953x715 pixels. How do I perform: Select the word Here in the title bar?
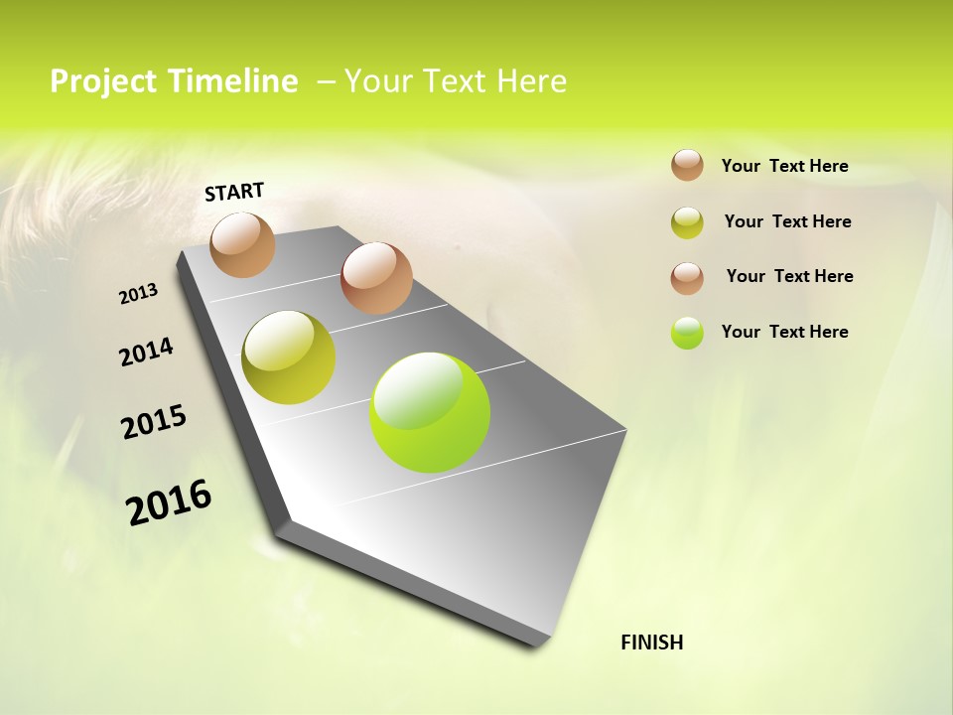(530, 81)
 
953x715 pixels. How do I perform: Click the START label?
(234, 192)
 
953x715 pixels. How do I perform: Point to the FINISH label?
(652, 643)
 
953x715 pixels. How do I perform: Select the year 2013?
(139, 294)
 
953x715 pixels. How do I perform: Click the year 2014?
(146, 353)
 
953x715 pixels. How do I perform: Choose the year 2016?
(169, 502)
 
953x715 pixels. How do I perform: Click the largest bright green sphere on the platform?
(430, 412)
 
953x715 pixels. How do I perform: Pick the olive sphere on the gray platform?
(289, 357)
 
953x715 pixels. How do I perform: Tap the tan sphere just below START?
(243, 244)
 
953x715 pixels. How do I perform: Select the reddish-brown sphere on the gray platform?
(376, 278)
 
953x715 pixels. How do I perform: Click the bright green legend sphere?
(687, 333)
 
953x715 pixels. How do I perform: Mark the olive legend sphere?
(687, 222)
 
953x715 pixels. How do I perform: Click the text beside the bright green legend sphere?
(784, 332)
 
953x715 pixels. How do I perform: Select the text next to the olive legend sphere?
(787, 221)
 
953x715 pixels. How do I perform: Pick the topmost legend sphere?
(687, 165)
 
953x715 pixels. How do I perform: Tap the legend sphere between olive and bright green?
(687, 278)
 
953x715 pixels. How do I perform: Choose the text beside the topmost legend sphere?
(784, 166)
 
